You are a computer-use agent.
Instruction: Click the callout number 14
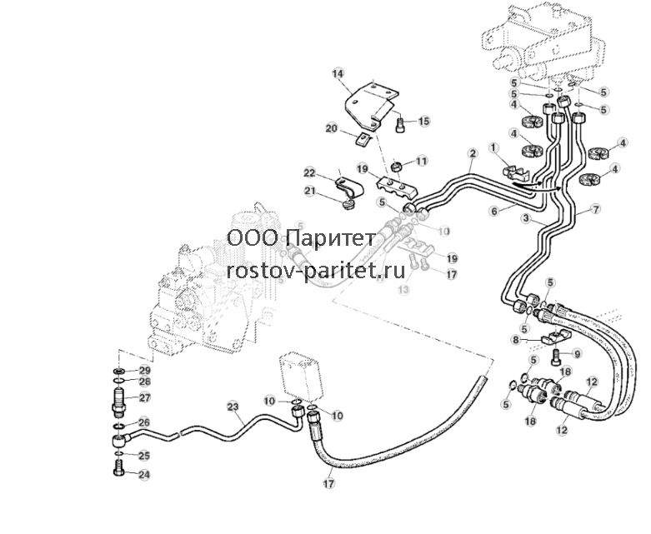pyautogui.click(x=338, y=74)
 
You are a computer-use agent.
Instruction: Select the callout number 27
pyautogui.click(x=144, y=397)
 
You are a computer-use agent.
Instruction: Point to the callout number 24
pyautogui.click(x=143, y=474)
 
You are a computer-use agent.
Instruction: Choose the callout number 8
pyautogui.click(x=516, y=340)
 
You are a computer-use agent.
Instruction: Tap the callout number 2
pyautogui.click(x=473, y=153)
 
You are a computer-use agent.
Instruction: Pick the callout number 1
pyautogui.click(x=493, y=147)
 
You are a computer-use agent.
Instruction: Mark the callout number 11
pyautogui.click(x=422, y=161)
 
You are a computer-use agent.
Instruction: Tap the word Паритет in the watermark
pyautogui.click(x=331, y=238)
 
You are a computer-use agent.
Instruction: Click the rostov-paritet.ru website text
pyautogui.click(x=316, y=271)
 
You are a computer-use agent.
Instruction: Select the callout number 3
pyautogui.click(x=525, y=217)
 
